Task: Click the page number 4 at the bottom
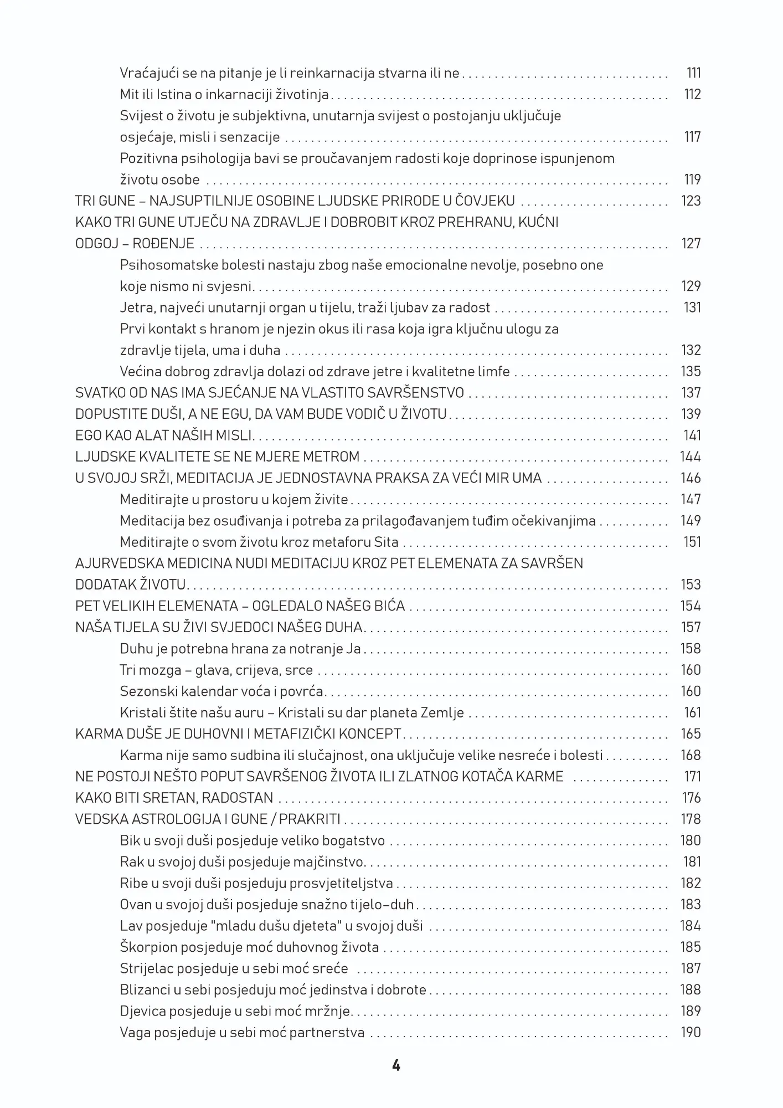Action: pyautogui.click(x=395, y=1065)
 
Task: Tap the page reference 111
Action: pyautogui.click(x=693, y=73)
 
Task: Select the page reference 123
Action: pyautogui.click(x=691, y=201)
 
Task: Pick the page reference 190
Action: pyautogui.click(x=691, y=1033)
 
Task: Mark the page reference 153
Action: pyautogui.click(x=691, y=585)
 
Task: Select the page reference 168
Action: pyautogui.click(x=691, y=756)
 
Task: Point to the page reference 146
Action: pyautogui.click(x=691, y=478)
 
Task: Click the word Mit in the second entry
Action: pyautogui.click(x=128, y=95)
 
